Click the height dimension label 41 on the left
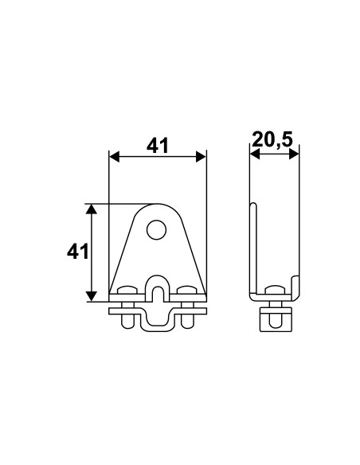(x=76, y=252)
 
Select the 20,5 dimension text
(x=272, y=141)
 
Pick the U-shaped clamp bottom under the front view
(x=158, y=326)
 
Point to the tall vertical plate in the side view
(x=252, y=247)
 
